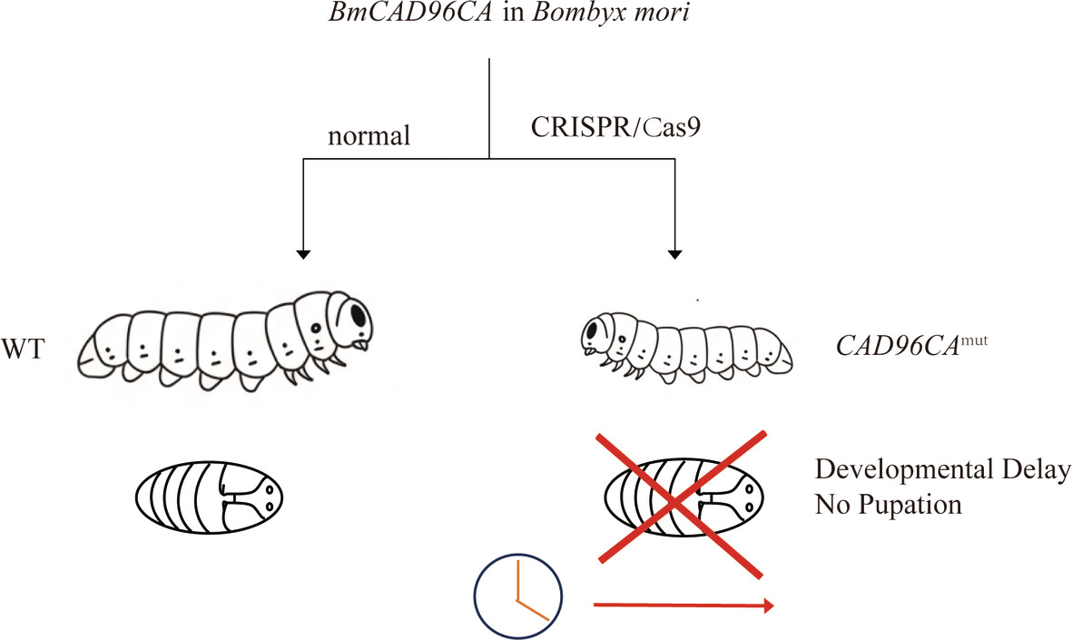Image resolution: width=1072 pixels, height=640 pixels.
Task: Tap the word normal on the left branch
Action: pos(369,137)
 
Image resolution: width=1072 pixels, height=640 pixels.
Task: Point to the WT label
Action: pos(25,350)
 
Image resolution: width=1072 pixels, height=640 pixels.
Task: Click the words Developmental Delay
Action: pos(941,470)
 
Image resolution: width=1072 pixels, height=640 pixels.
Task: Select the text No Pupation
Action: pos(887,504)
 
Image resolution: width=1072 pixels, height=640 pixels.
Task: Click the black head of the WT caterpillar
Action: pos(356,316)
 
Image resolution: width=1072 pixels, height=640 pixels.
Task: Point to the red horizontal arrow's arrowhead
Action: pos(768,606)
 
